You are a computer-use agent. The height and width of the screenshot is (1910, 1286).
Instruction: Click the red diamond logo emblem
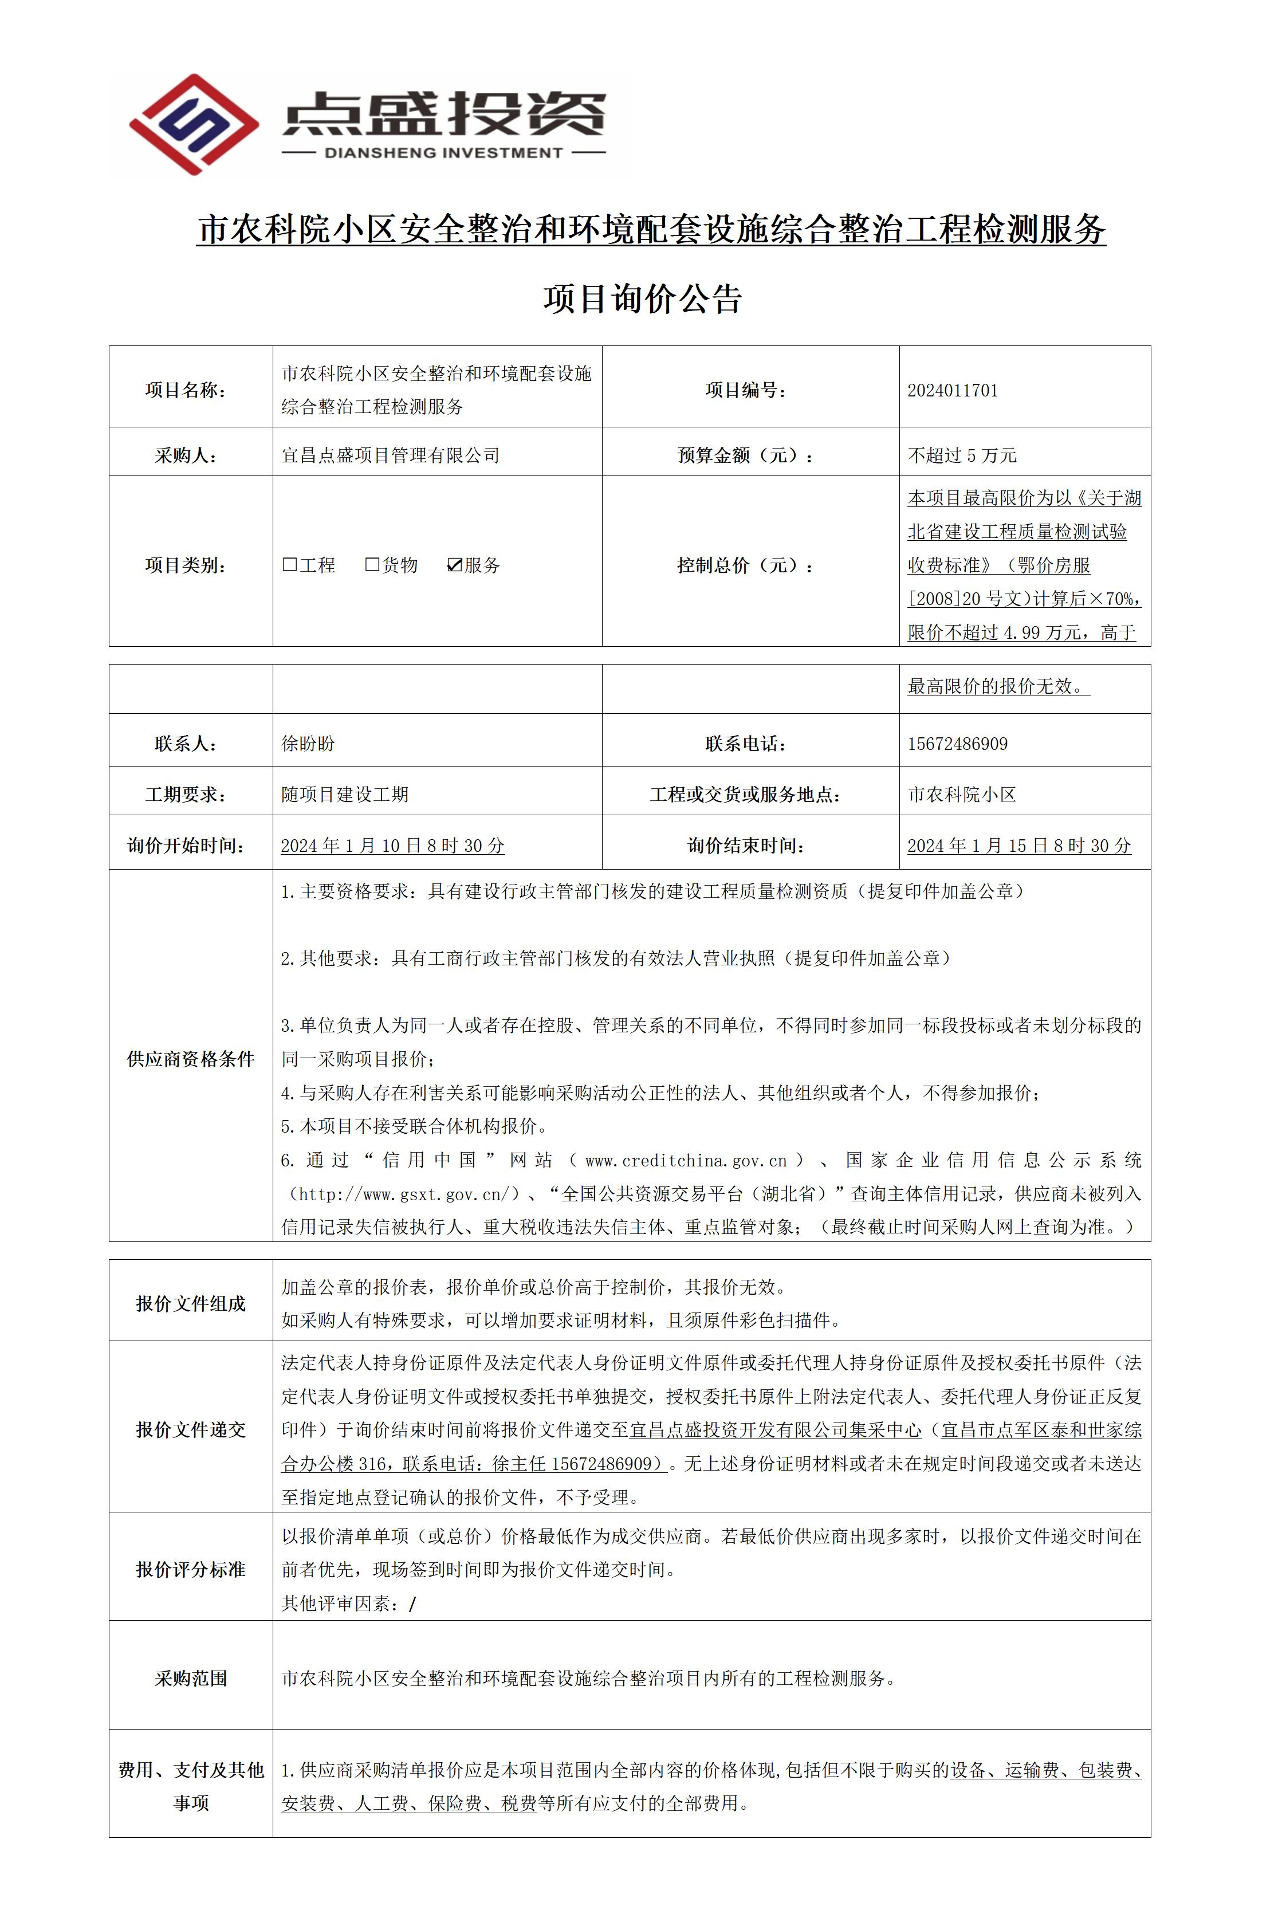[194, 125]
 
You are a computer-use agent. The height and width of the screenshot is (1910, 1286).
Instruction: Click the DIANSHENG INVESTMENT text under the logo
[444, 152]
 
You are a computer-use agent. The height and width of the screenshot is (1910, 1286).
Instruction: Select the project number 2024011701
[952, 390]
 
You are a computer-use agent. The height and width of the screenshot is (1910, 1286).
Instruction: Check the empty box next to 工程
[289, 564]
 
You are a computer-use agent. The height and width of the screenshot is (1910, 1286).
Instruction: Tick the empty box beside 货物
[372, 564]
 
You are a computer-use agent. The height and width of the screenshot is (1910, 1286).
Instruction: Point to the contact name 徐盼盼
[308, 744]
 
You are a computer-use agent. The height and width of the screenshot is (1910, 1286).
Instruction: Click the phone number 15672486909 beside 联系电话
[957, 744]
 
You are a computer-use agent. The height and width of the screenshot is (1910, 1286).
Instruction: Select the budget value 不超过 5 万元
[961, 455]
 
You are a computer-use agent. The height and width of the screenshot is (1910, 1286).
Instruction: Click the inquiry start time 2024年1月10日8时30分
[392, 846]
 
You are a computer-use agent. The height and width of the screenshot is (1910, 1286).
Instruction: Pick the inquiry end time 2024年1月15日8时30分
[1018, 846]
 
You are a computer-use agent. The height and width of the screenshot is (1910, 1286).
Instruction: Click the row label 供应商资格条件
[190, 1059]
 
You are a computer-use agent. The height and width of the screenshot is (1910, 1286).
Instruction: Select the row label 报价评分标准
[190, 1569]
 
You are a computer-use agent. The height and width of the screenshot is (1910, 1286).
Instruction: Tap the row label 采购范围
[190, 1678]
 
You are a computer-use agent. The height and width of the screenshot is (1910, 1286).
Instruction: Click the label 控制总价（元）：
[745, 565]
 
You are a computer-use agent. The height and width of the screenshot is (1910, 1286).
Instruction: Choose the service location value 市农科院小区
[961, 794]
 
